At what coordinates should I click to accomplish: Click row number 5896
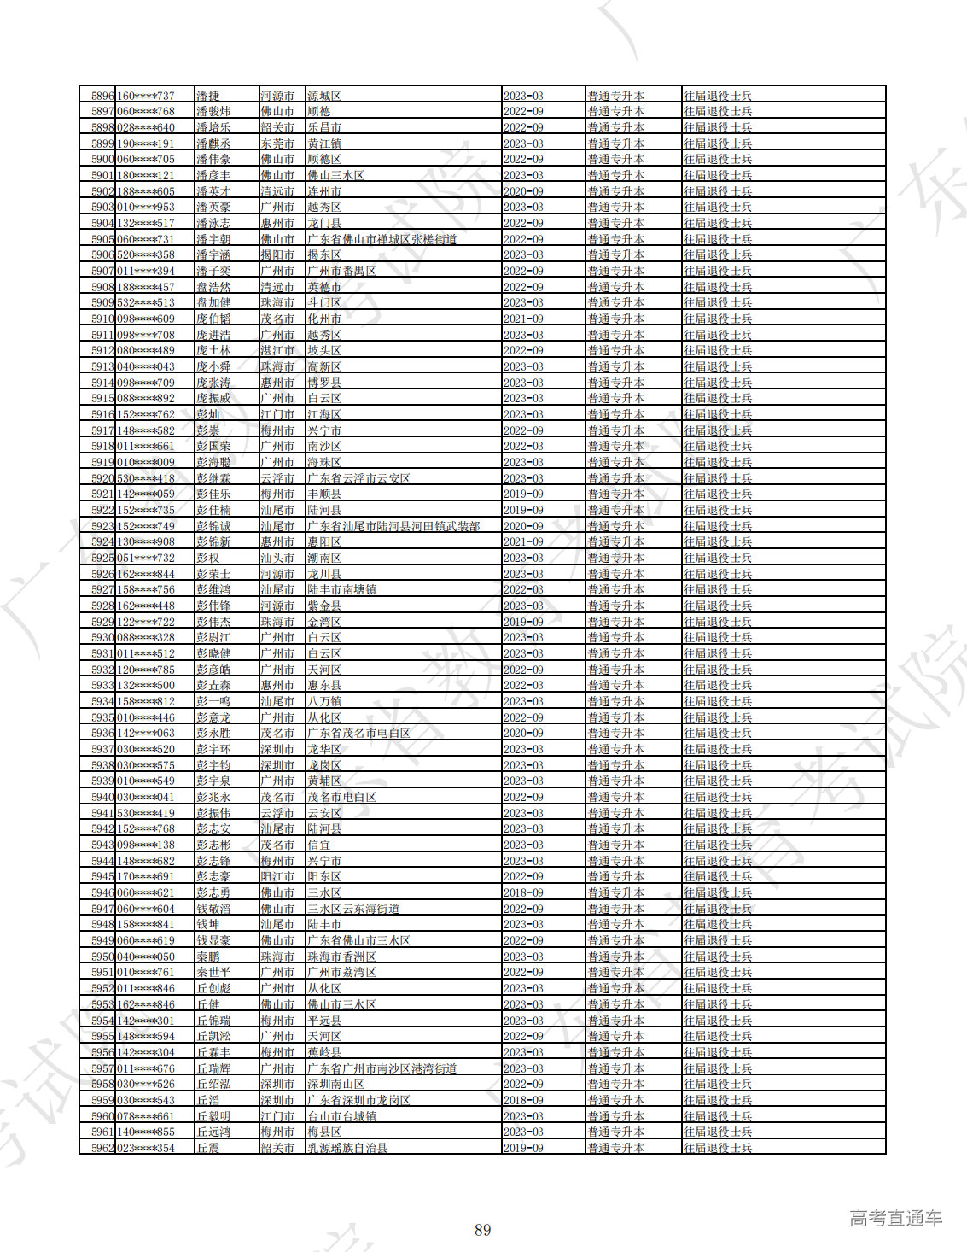(x=102, y=96)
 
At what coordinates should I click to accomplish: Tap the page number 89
(x=483, y=1230)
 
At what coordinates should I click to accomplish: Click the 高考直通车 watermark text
(x=895, y=1219)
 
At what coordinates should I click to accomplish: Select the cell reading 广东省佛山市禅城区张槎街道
(x=382, y=239)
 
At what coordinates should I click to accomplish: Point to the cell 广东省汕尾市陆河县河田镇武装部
(x=393, y=526)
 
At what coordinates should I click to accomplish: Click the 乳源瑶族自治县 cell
(x=347, y=1148)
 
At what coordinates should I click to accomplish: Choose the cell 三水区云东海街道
(x=353, y=909)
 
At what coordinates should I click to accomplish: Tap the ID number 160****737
(x=146, y=96)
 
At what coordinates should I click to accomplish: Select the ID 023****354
(x=146, y=1148)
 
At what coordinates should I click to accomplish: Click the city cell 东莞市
(x=277, y=143)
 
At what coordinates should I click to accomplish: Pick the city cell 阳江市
(x=277, y=876)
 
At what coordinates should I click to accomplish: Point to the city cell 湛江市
(x=277, y=350)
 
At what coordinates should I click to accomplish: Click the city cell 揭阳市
(x=277, y=254)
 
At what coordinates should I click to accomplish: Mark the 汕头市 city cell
(x=277, y=558)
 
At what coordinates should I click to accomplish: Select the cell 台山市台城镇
(x=341, y=1116)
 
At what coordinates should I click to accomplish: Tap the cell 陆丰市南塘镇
(x=341, y=589)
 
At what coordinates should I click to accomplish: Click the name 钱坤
(x=208, y=924)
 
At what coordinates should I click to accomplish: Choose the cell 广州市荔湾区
(x=341, y=972)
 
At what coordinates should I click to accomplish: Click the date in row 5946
(x=523, y=892)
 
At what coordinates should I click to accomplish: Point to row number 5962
(x=102, y=1148)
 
